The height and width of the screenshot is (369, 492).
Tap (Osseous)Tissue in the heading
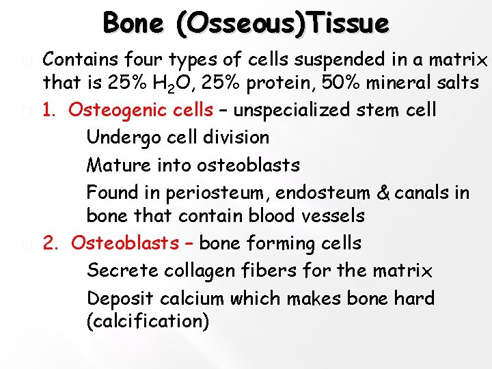(282, 24)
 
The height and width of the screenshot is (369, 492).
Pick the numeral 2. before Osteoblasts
(51, 243)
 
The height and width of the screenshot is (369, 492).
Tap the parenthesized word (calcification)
(148, 322)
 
